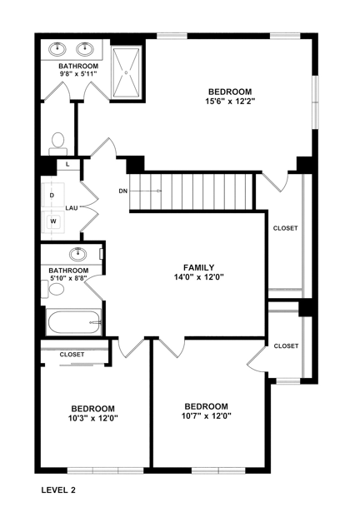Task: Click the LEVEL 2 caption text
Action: (x=58, y=491)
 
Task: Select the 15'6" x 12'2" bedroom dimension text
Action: (x=231, y=102)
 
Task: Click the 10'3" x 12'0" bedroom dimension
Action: (x=92, y=419)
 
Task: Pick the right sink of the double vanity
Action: (x=87, y=47)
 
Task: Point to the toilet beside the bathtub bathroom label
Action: (x=56, y=289)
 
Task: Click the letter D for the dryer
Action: (x=52, y=195)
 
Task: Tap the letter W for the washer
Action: (x=52, y=221)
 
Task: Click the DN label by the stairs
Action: (x=123, y=191)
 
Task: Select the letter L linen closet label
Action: (x=67, y=165)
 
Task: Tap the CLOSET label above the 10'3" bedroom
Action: (x=72, y=355)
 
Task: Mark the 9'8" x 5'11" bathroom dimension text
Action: (x=78, y=75)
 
